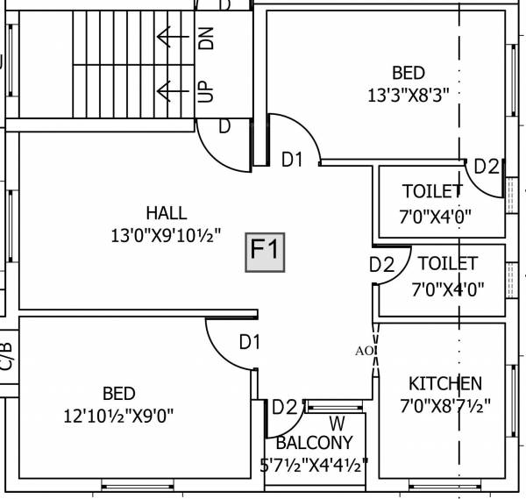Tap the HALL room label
[x=167, y=213]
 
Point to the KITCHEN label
[x=444, y=383]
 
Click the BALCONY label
[x=314, y=443]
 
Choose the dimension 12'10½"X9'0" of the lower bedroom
[x=118, y=416]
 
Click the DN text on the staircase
[x=207, y=38]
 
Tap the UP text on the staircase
[x=207, y=90]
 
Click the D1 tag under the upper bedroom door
[x=292, y=160]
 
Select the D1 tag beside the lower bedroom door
[x=250, y=342]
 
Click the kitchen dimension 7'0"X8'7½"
[x=444, y=406]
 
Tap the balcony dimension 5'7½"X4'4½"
[x=314, y=464]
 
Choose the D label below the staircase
[x=224, y=126]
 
